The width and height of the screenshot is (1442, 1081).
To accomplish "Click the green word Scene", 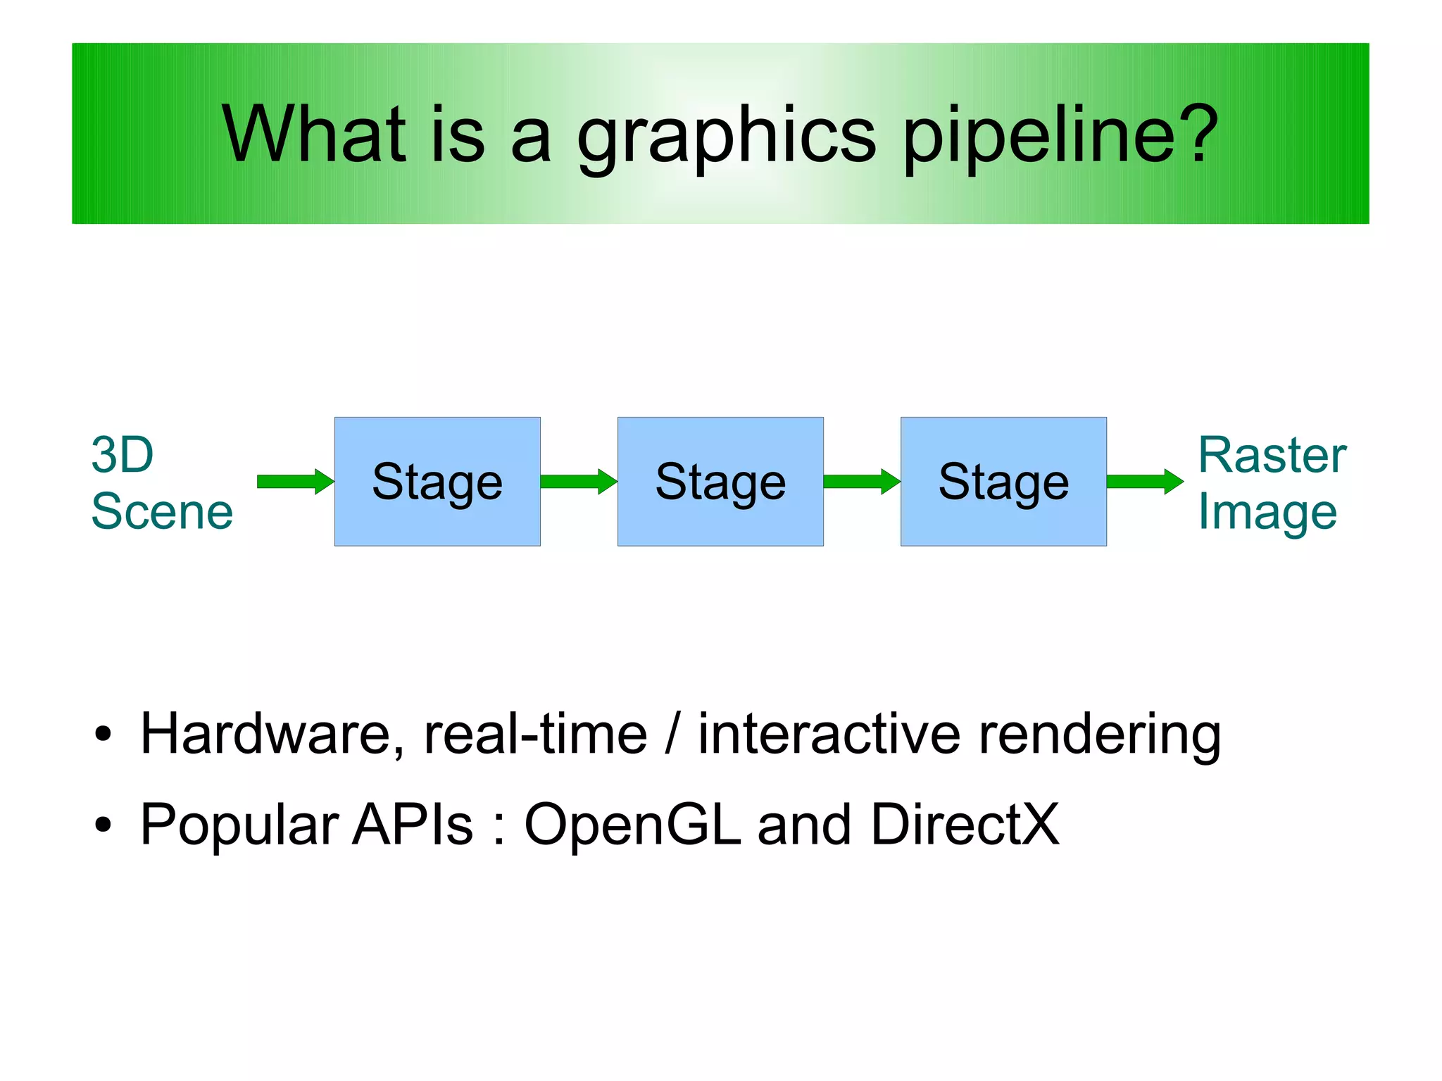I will pyautogui.click(x=162, y=511).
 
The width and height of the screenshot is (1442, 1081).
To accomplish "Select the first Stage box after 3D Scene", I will pyautogui.click(x=437, y=481).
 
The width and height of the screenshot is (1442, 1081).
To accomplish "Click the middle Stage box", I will pyautogui.click(x=720, y=481).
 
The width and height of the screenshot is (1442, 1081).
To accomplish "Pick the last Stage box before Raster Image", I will pyautogui.click(x=1003, y=481).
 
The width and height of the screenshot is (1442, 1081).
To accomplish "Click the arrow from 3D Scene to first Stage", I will pyautogui.click(x=295, y=482).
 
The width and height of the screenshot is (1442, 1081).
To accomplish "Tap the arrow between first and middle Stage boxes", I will pyautogui.click(x=578, y=482).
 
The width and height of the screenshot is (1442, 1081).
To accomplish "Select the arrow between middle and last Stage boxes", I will pyautogui.click(x=861, y=482).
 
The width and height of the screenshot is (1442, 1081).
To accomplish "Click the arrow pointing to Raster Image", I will pyautogui.click(x=1144, y=482).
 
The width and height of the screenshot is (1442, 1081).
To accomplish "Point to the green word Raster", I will pyautogui.click(x=1272, y=455).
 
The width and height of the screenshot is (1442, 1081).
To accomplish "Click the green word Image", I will pyautogui.click(x=1267, y=513).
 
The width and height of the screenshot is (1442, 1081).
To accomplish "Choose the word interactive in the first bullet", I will pyautogui.click(x=829, y=734).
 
